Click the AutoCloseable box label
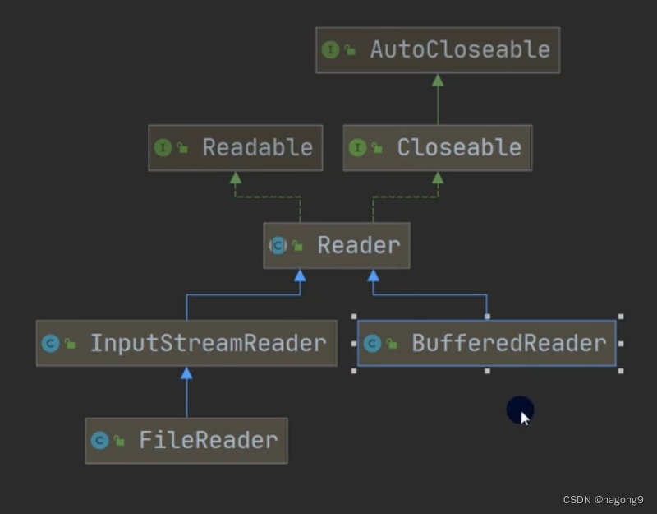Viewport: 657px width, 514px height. [460, 49]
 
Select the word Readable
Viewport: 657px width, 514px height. [257, 148]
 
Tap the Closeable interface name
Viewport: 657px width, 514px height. [459, 148]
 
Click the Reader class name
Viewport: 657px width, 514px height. [359, 245]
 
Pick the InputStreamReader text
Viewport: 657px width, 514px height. [208, 343]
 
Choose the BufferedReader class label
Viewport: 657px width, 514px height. [508, 343]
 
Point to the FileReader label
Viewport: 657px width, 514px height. [208, 440]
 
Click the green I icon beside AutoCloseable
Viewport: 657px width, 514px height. [331, 50]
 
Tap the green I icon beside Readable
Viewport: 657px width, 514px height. [163, 148]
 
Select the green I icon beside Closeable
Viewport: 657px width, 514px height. [357, 148]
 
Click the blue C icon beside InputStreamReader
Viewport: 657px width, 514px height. [51, 343]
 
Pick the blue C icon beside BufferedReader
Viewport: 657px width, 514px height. [372, 343]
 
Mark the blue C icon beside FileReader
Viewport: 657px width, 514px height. [100, 440]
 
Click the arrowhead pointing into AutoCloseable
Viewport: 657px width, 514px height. [438, 80]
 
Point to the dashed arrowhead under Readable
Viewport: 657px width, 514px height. [236, 178]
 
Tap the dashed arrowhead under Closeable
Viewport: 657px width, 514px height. [438, 178]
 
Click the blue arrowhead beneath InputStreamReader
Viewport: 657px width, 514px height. [186, 373]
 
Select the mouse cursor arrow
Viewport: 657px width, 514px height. [525, 417]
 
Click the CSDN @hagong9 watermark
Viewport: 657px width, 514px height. [604, 499]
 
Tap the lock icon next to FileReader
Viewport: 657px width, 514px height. [120, 441]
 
